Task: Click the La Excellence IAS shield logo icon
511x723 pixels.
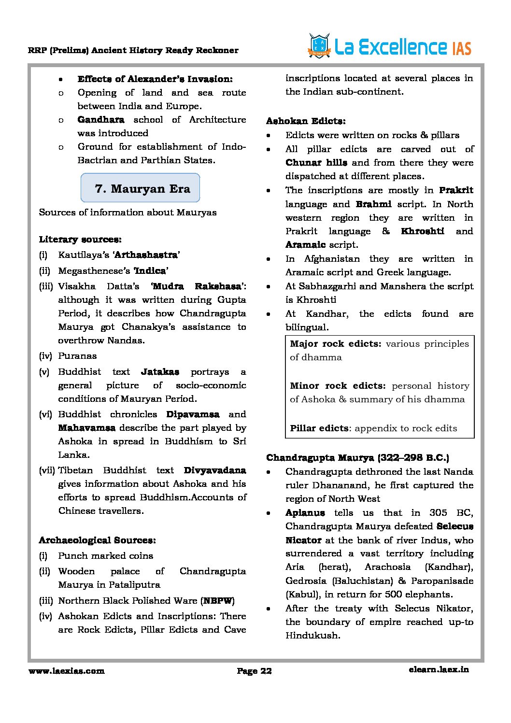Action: pyautogui.click(x=319, y=46)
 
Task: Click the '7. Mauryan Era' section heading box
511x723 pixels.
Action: pyautogui.click(x=140, y=188)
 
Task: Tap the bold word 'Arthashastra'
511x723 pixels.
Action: pyautogui.click(x=146, y=255)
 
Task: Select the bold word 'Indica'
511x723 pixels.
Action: pyautogui.click(x=150, y=270)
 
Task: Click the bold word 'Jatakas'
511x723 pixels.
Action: pyautogui.click(x=160, y=371)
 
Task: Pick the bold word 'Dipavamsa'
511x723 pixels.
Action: pyautogui.click(x=192, y=414)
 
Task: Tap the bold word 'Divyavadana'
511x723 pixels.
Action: pyautogui.click(x=214, y=470)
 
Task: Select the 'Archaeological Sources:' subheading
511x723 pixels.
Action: pyautogui.click(x=97, y=540)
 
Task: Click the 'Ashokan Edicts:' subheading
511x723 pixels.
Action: pyautogui.click(x=306, y=121)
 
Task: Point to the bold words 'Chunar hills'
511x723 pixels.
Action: pyautogui.click(x=316, y=162)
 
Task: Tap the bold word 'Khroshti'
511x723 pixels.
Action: pyautogui.click(x=422, y=231)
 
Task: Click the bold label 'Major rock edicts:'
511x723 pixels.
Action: pyautogui.click(x=335, y=343)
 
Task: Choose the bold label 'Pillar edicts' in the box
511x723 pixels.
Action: pyautogui.click(x=319, y=428)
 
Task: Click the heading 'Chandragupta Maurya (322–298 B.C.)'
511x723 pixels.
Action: pyautogui.click(x=357, y=457)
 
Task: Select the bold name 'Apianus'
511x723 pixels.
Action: pyautogui.click(x=305, y=512)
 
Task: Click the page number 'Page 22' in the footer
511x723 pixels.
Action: pyautogui.click(x=254, y=670)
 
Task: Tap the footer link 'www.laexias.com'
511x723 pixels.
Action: pyautogui.click(x=66, y=670)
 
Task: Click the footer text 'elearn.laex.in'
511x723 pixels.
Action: pyautogui.click(x=438, y=669)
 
